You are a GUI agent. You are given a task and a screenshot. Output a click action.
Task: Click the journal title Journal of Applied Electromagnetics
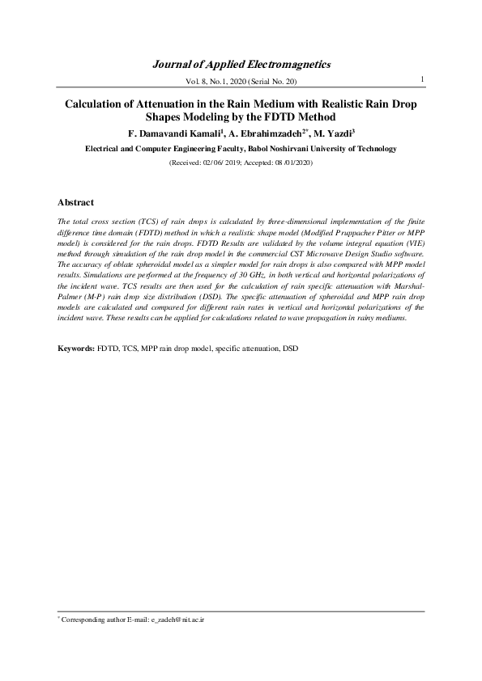click(241, 63)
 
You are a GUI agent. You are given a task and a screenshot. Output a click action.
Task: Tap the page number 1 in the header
click(424, 78)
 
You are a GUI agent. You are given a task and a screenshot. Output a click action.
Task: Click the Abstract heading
click(76, 202)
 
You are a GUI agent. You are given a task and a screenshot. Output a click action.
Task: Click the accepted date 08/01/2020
click(290, 163)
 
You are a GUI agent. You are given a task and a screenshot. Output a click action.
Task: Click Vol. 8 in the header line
click(197, 82)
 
